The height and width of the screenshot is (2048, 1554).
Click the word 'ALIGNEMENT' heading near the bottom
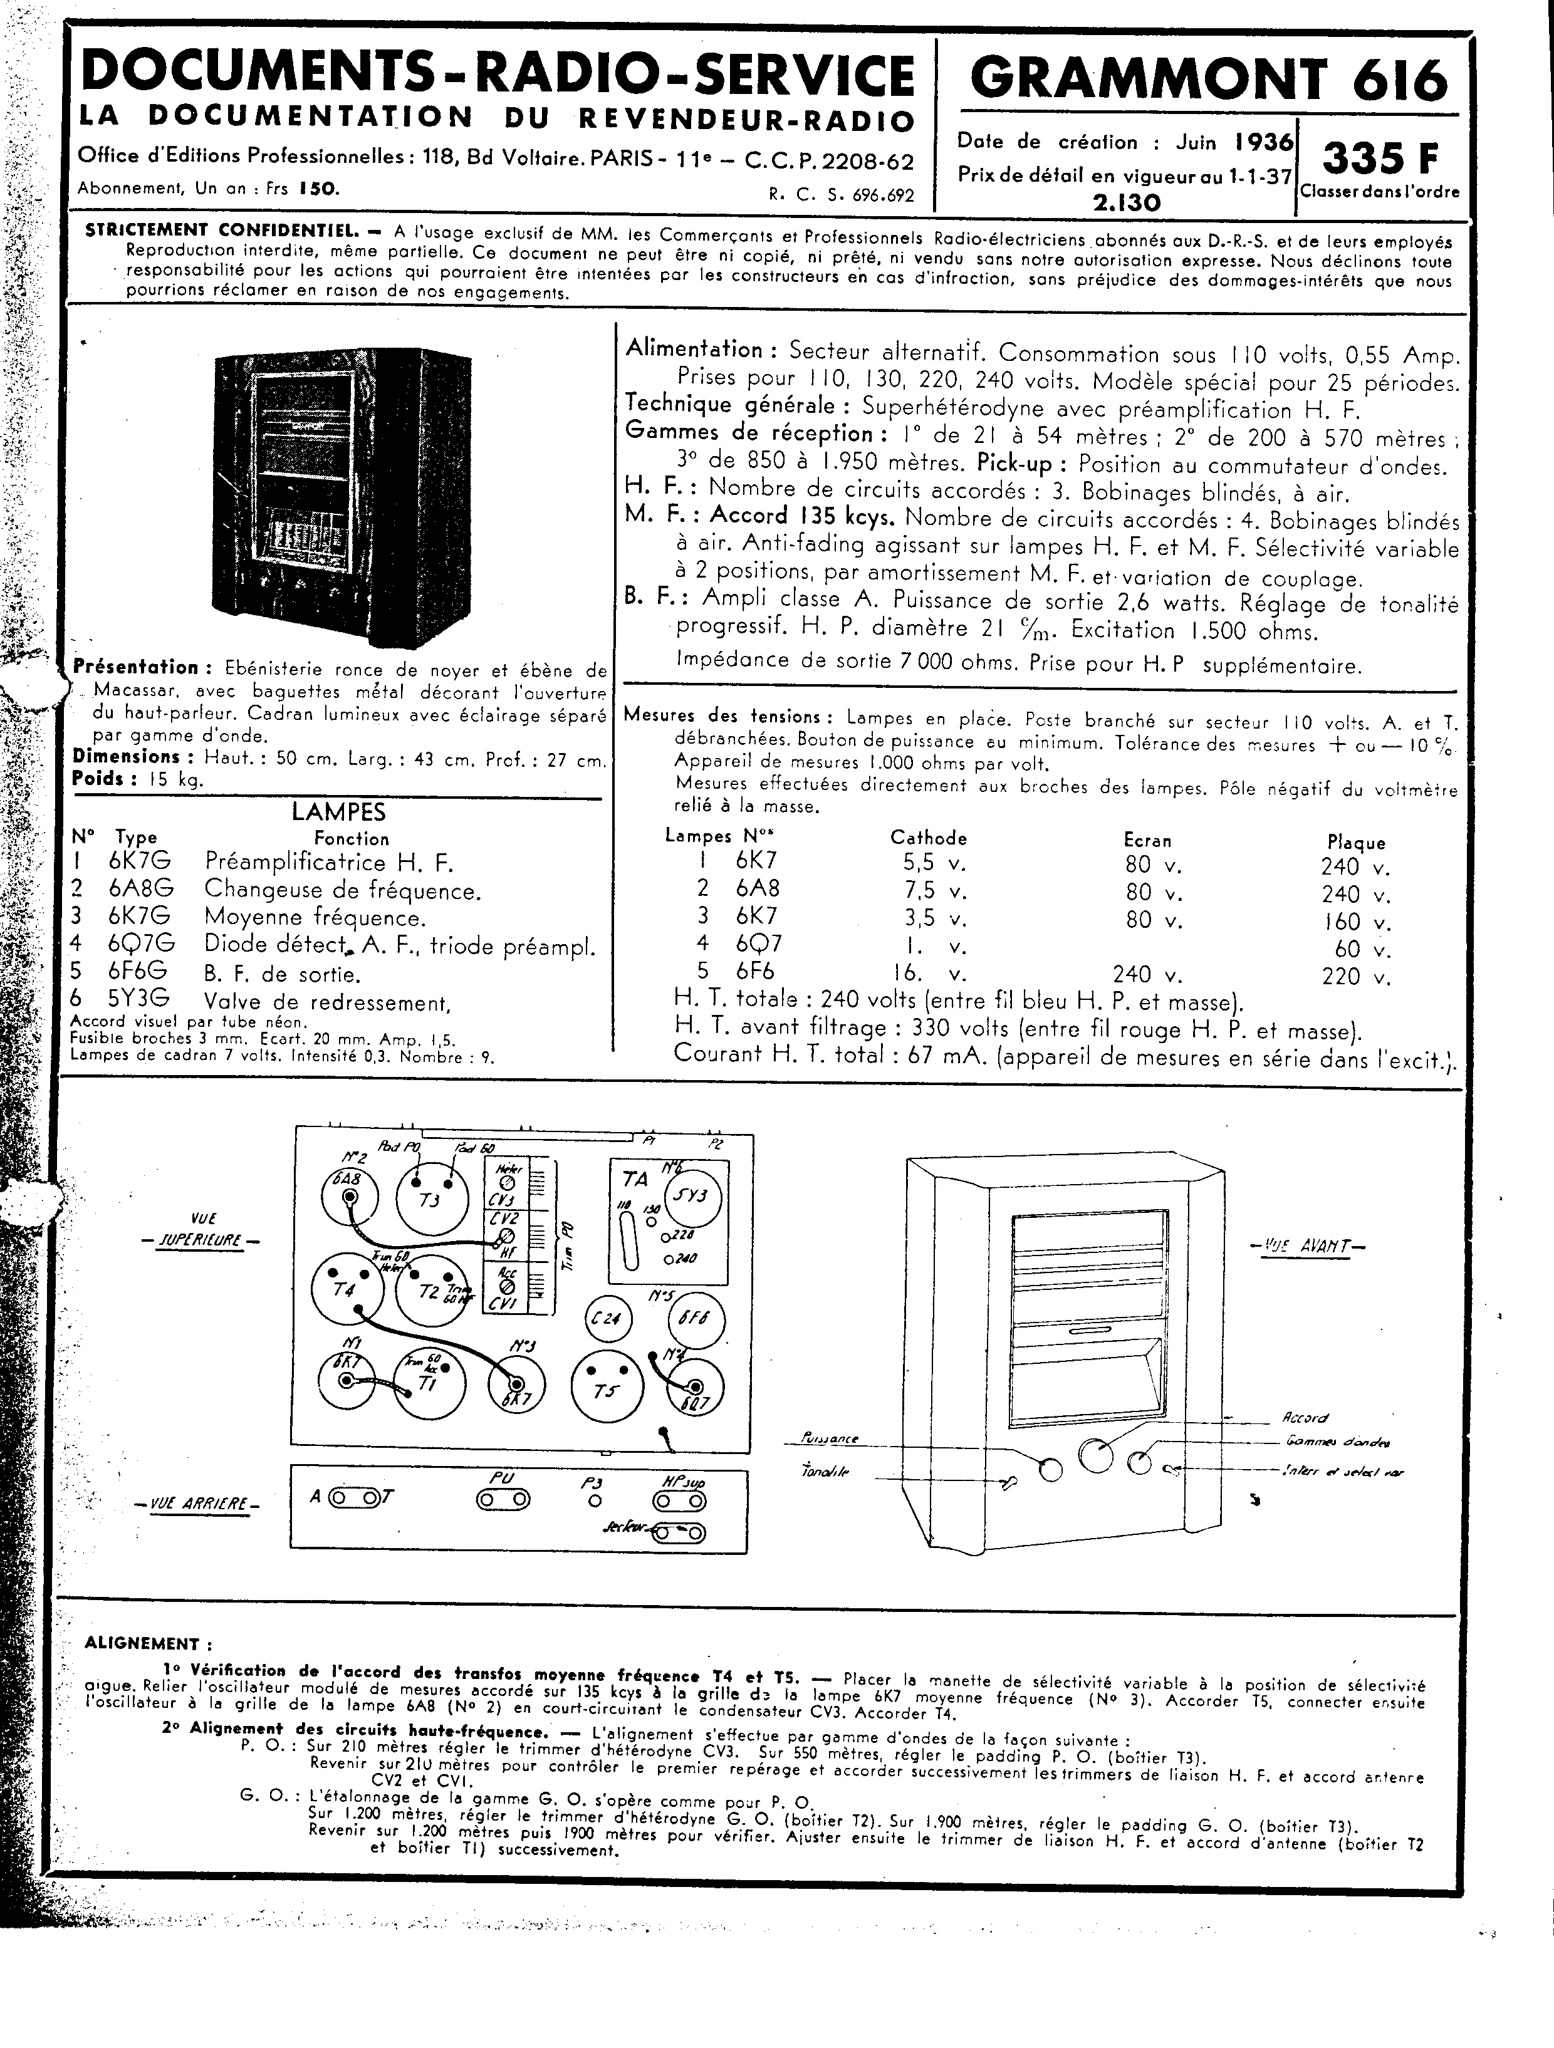pyautogui.click(x=142, y=1645)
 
